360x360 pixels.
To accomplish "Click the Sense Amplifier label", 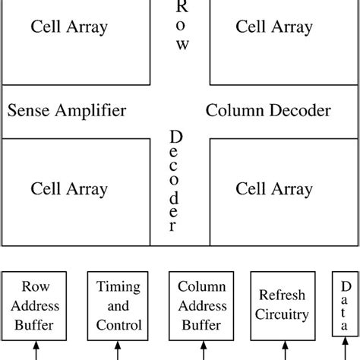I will [x=67, y=111].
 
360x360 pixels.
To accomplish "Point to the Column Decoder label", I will [x=268, y=111].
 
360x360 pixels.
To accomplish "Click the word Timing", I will [x=118, y=287].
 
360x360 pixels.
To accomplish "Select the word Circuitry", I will [x=283, y=315].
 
